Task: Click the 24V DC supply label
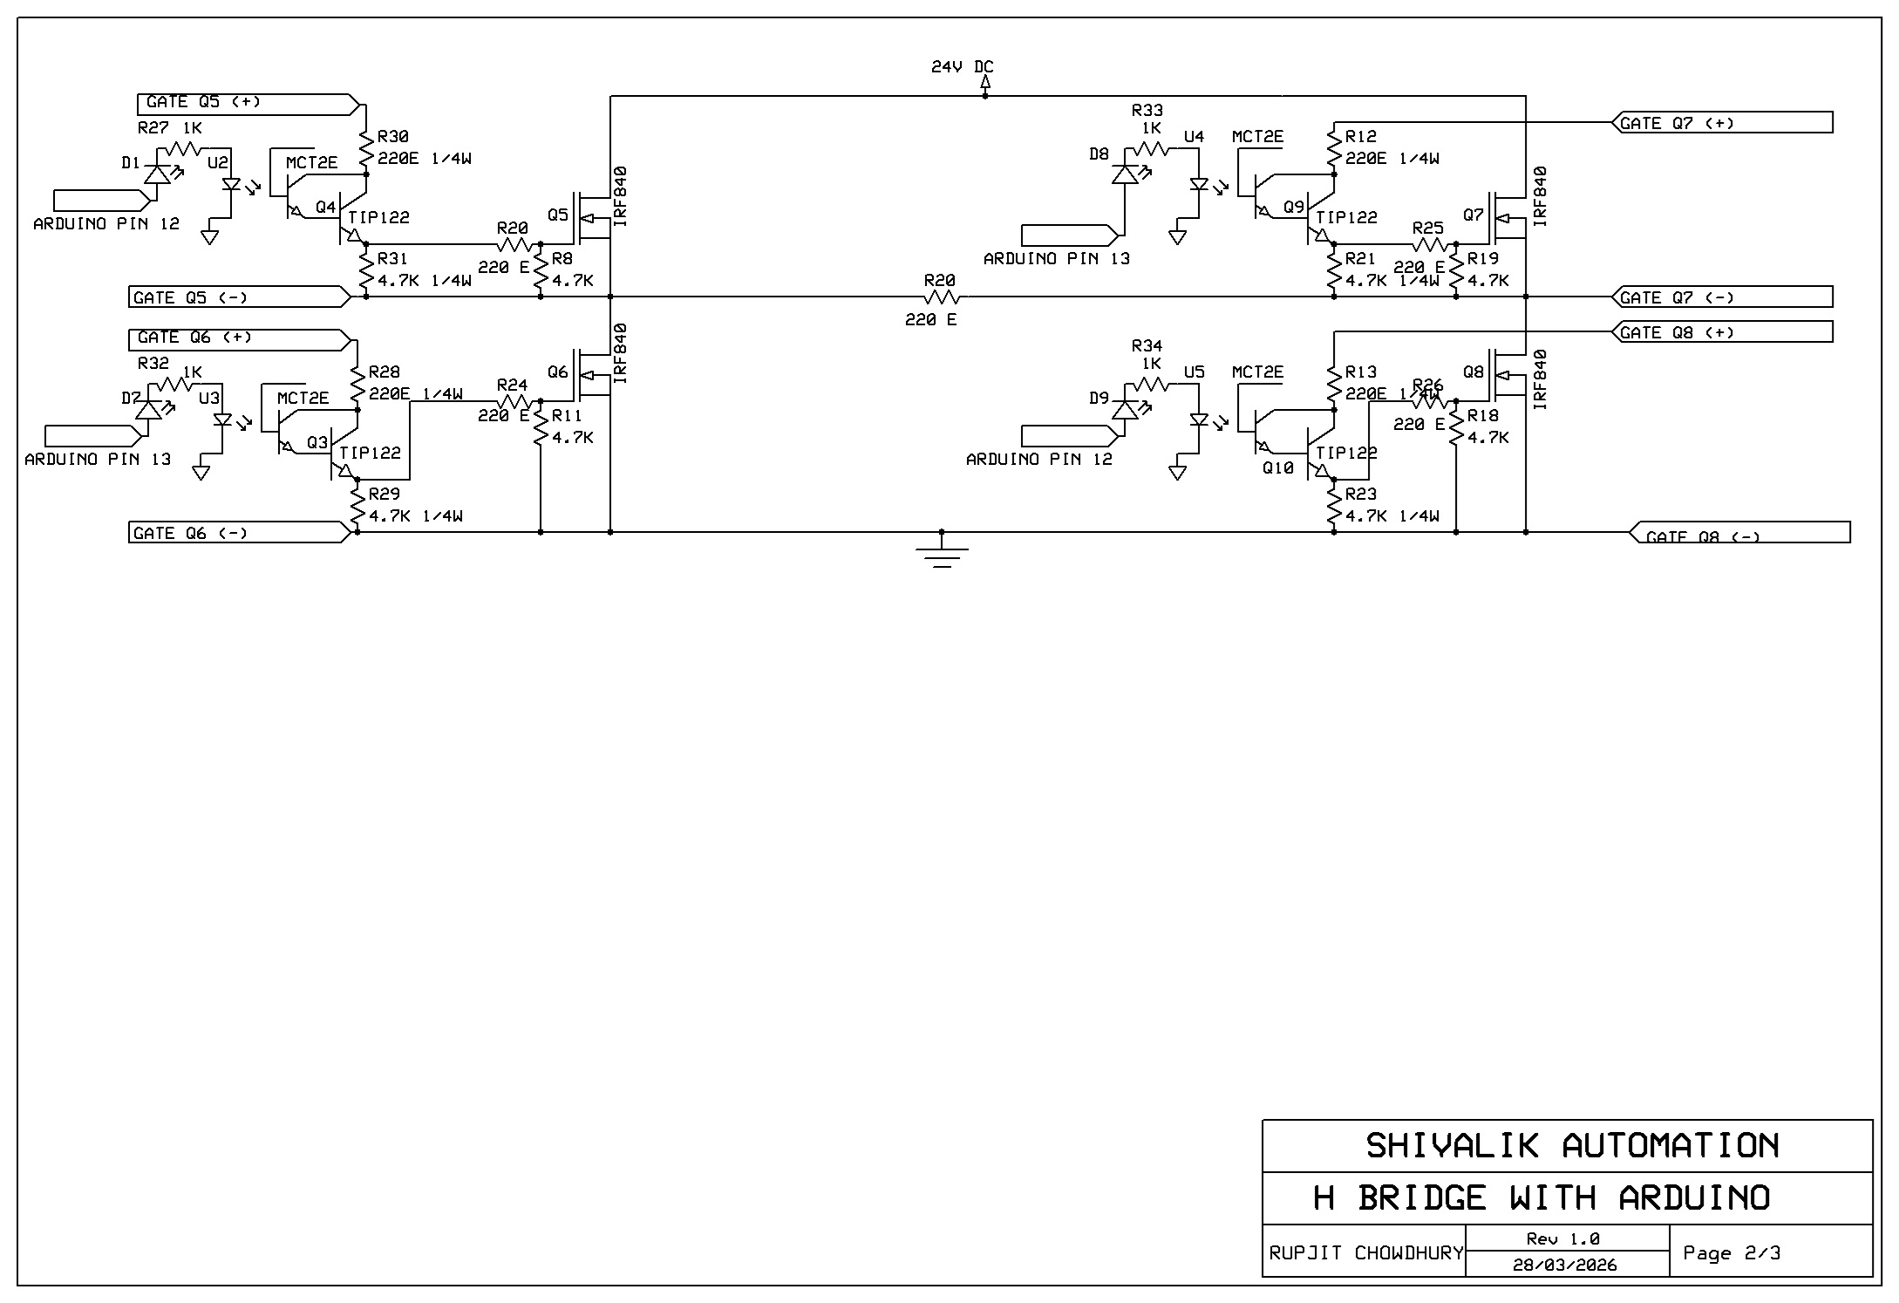tap(962, 67)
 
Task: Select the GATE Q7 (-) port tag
tap(1722, 297)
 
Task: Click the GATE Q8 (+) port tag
tap(1722, 332)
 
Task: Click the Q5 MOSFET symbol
tap(590, 218)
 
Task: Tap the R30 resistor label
tap(393, 137)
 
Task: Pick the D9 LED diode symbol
tap(1125, 409)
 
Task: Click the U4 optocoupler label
tap(1194, 137)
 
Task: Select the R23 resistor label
tap(1361, 495)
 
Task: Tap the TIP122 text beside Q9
tap(1346, 217)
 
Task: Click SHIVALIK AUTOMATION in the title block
tap(1570, 1146)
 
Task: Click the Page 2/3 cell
tap(1731, 1253)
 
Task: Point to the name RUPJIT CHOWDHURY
tap(1365, 1253)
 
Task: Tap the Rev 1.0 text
tap(1562, 1238)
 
